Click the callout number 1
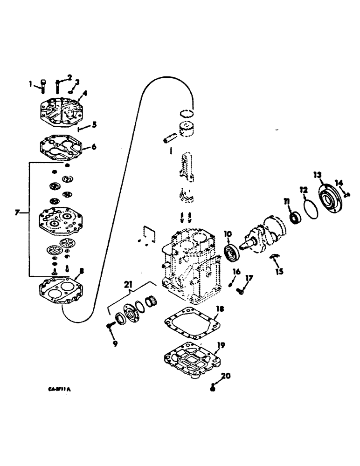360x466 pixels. tap(31, 84)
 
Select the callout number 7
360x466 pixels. tap(18, 212)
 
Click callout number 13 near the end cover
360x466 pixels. tap(318, 175)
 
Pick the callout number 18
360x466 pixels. tap(219, 309)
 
